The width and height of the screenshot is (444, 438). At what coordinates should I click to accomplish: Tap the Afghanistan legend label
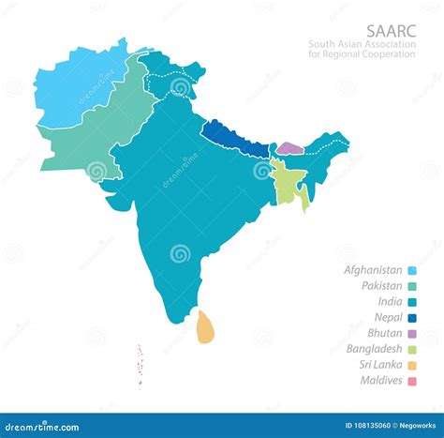click(373, 270)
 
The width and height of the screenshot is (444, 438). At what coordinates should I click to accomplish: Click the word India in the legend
click(388, 302)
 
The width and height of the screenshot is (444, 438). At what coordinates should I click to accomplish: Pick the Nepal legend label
click(388, 318)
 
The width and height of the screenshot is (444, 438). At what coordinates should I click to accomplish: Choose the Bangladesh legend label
click(374, 349)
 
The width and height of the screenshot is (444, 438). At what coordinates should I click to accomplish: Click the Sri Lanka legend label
click(378, 365)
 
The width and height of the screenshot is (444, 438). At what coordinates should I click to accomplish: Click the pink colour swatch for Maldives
click(412, 381)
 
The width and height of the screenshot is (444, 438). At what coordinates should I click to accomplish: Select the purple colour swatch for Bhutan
click(412, 333)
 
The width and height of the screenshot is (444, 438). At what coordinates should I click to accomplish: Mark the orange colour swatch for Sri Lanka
click(412, 365)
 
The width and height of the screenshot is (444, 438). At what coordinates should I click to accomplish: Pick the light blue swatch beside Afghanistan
click(412, 270)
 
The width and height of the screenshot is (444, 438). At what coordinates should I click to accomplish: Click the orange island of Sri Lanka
click(205, 327)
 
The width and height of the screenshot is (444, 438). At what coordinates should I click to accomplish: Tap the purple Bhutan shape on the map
click(289, 148)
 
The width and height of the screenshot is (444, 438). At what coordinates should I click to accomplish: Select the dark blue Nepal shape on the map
click(235, 138)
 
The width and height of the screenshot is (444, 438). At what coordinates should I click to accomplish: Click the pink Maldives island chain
click(141, 365)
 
